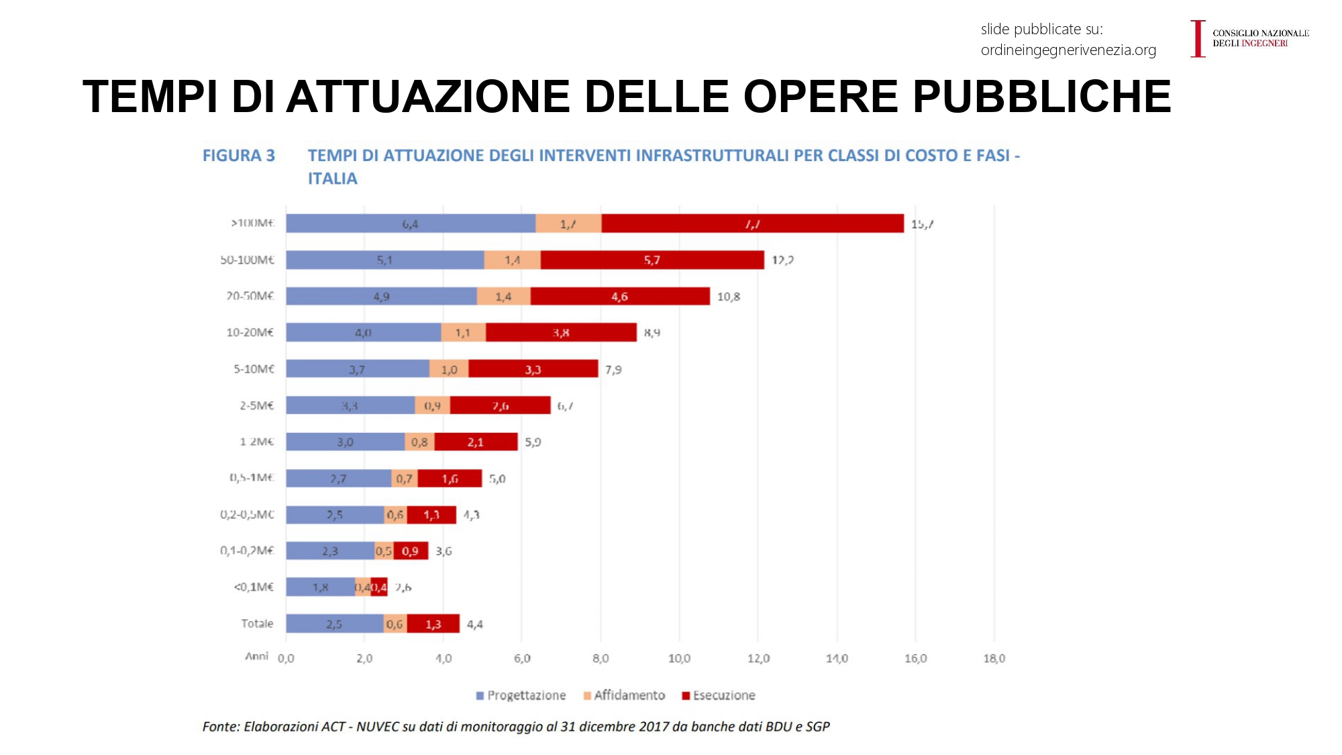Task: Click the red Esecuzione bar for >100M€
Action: pos(752,223)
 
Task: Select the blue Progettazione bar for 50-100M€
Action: pos(384,260)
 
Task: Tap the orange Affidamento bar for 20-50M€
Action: pos(503,296)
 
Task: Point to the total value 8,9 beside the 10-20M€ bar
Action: pos(652,332)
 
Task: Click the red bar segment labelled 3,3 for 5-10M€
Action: pos(533,369)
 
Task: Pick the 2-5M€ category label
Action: pos(256,405)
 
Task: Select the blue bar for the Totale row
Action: pos(334,623)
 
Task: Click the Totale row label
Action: pos(257,623)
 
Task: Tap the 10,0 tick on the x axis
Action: pos(679,658)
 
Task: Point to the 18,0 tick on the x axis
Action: pos(994,658)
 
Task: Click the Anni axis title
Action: pos(256,656)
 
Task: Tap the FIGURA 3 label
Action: pos(239,156)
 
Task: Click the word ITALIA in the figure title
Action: pos(333,179)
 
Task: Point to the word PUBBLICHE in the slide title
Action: pos(1041,97)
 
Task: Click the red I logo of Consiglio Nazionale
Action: pos(1198,38)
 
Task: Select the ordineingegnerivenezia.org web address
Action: pos(1068,50)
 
